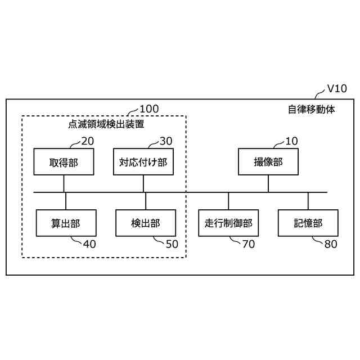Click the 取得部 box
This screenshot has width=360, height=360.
64,163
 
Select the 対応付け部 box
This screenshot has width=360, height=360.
143,163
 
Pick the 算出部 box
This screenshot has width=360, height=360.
66,223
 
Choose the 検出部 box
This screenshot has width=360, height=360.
146,223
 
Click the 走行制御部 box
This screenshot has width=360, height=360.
228,223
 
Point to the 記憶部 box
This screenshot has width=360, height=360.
308,223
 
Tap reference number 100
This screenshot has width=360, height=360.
148,109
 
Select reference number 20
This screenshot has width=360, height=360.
88,141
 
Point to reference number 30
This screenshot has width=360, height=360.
166,141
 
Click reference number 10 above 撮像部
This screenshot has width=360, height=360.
291,141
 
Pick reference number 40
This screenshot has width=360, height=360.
89,244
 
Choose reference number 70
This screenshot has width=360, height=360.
248,244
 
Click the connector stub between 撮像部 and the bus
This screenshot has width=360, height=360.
268,184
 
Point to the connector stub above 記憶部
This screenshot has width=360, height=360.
308,201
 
